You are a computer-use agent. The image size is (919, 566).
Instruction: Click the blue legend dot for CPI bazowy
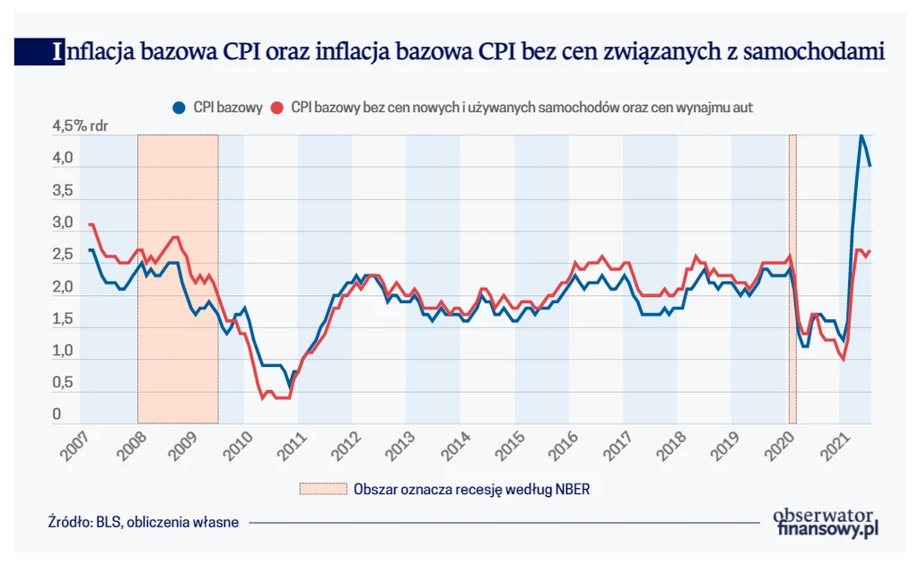point(178,108)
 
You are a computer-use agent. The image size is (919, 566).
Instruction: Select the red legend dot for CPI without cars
point(277,108)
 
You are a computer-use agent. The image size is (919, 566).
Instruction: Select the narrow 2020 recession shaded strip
point(792,278)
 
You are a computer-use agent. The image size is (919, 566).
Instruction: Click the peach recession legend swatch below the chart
point(322,489)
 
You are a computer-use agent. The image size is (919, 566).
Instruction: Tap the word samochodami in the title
point(816,52)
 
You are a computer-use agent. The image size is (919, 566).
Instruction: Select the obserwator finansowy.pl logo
point(823,522)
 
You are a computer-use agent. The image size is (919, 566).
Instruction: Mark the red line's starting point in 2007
point(90,224)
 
